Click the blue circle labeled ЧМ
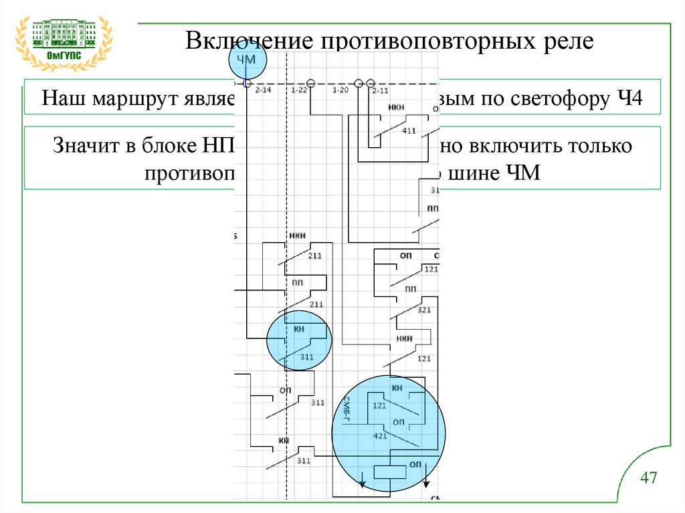coord(247,61)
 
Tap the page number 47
coord(648,478)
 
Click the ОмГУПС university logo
coord(64,41)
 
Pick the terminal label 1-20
coord(340,90)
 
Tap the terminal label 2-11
coord(380,90)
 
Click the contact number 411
coord(409,130)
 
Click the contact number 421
coord(380,436)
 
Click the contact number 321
coord(423,310)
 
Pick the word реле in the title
coord(570,41)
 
